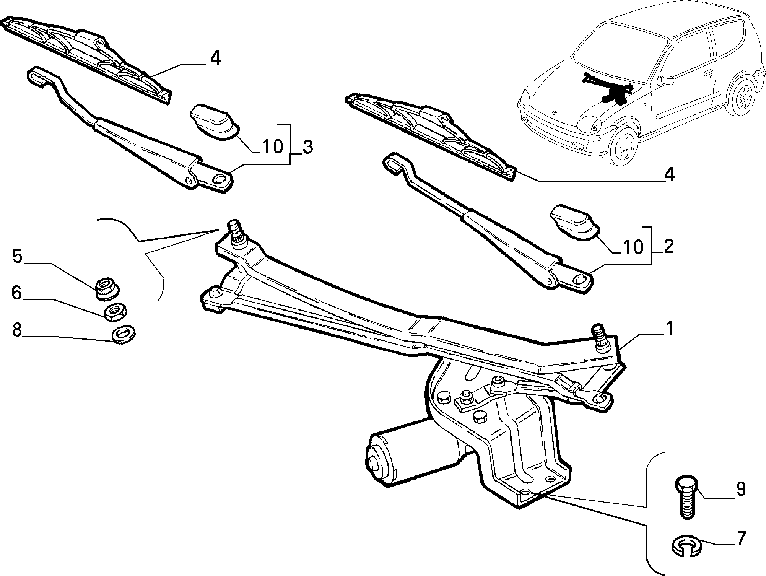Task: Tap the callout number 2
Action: [x=668, y=247]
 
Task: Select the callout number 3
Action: [x=307, y=147]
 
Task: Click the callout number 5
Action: [x=18, y=257]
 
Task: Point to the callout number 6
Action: [x=16, y=293]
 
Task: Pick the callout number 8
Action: [x=17, y=330]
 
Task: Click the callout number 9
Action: [x=741, y=489]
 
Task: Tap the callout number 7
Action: [x=741, y=538]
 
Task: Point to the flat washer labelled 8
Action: [x=123, y=334]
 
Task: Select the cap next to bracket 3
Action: [x=214, y=120]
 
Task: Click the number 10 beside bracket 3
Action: [x=272, y=146]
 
